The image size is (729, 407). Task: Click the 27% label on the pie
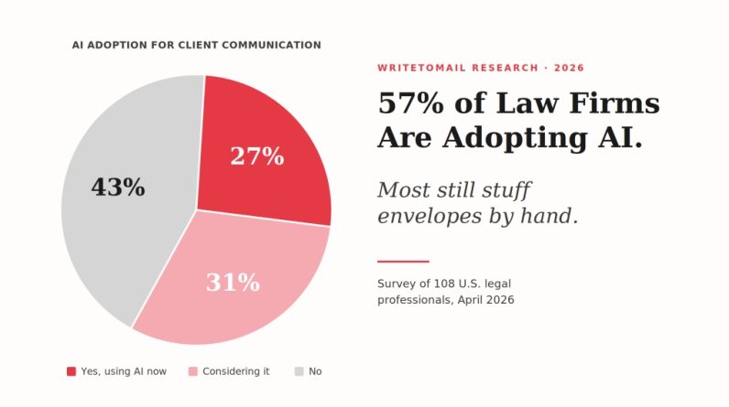(256, 156)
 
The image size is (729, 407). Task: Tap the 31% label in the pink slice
(233, 283)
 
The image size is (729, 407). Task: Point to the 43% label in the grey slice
(117, 187)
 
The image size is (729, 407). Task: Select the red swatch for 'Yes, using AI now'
(71, 371)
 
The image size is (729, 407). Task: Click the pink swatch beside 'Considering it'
(192, 371)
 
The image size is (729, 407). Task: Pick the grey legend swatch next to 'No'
(299, 371)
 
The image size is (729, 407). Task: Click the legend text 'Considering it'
(236, 371)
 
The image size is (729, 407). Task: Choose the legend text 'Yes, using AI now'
(125, 371)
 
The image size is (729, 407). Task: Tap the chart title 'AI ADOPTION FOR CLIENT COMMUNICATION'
(197, 45)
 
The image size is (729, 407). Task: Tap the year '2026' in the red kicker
(568, 68)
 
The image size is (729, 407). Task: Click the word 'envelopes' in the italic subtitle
(433, 217)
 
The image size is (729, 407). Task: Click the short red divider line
(403, 262)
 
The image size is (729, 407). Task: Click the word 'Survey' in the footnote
(396, 284)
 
